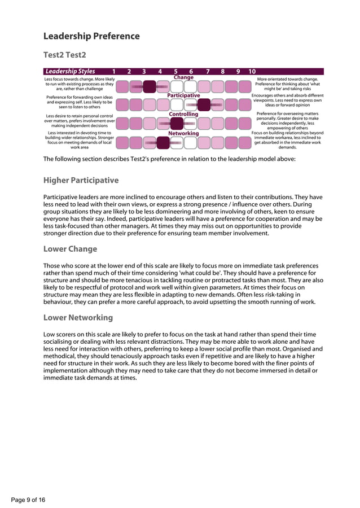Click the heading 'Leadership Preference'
tap(91, 36)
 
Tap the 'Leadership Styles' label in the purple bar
tap(71, 72)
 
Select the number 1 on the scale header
tap(115, 72)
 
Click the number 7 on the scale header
tap(208, 72)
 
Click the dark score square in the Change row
tap(150, 86)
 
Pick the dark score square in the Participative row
tap(204, 104)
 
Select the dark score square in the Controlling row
tap(177, 123)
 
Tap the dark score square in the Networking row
tap(163, 142)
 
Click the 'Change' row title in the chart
tap(183, 77)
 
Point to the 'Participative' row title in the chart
tap(183, 96)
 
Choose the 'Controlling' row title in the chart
tap(183, 115)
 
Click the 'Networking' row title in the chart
tap(183, 133)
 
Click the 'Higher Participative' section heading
tap(81, 181)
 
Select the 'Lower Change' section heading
tap(70, 249)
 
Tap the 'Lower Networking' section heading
tap(78, 317)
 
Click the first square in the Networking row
tap(122, 142)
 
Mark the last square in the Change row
tap(244, 86)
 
